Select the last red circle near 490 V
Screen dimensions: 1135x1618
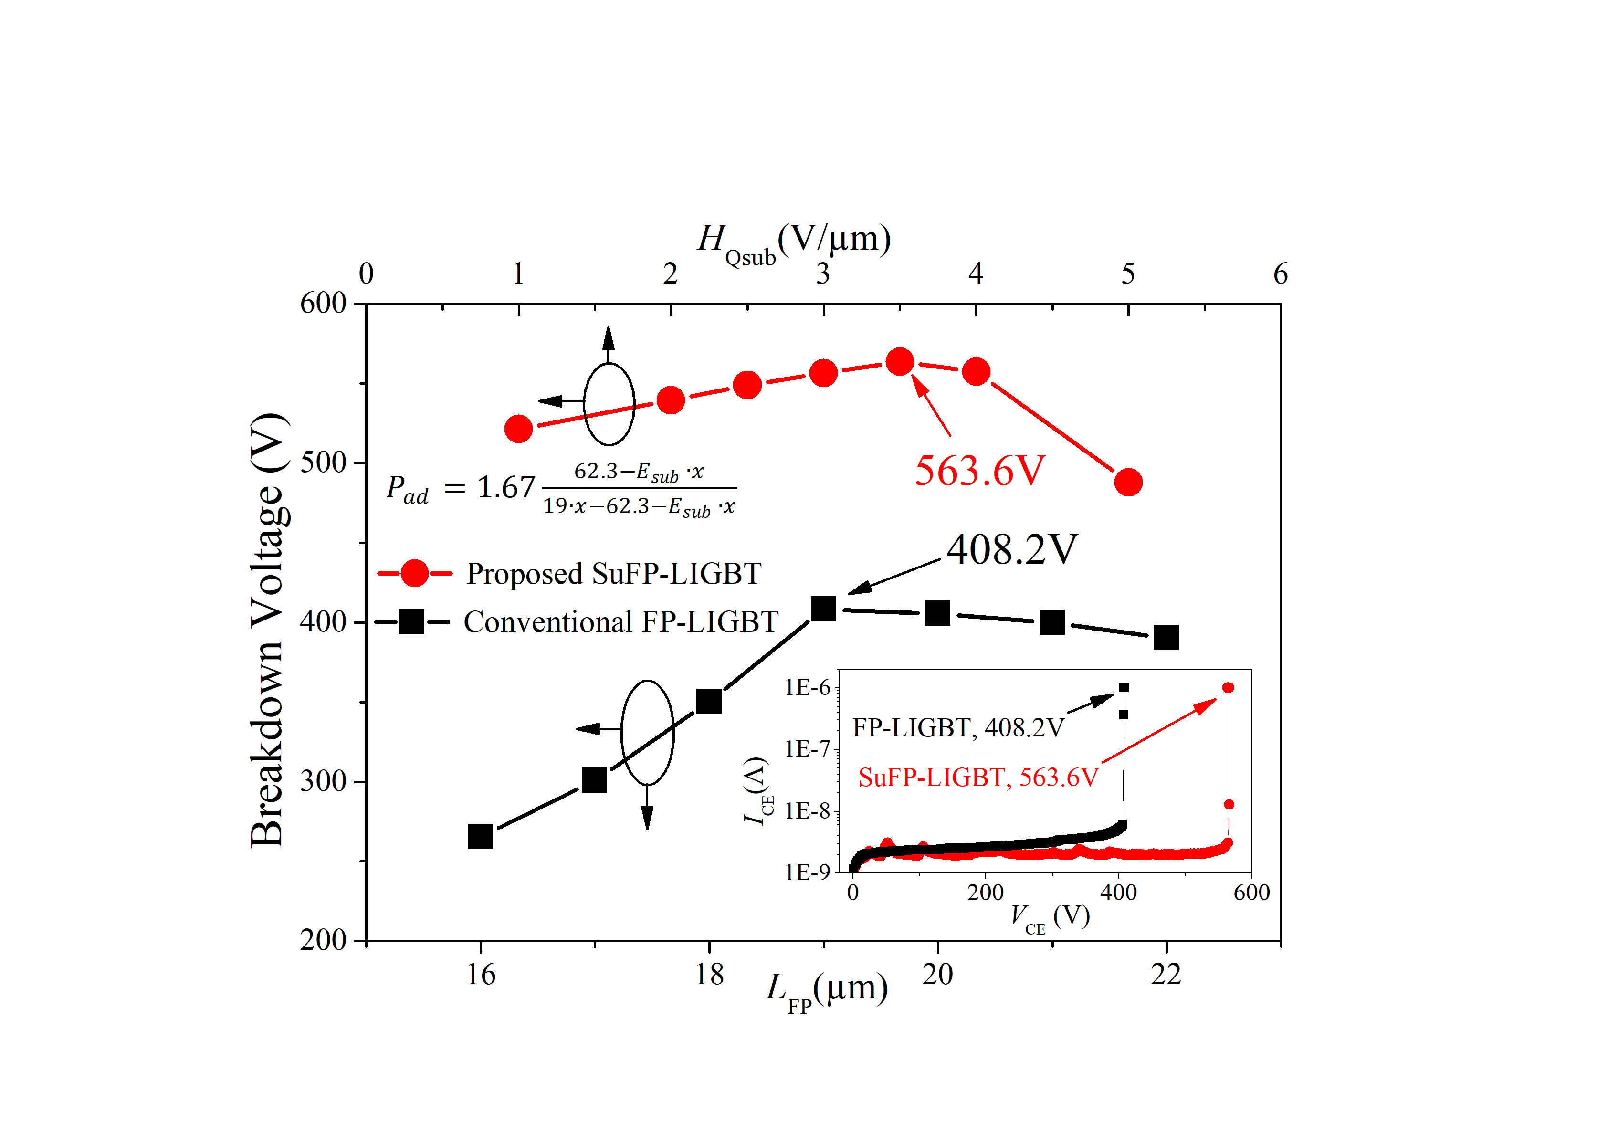point(1128,482)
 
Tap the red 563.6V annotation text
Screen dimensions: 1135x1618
point(979,471)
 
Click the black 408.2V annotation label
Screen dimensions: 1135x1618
point(1012,549)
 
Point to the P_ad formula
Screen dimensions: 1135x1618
point(561,488)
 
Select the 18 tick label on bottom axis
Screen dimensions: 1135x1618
point(709,974)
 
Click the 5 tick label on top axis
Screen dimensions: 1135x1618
point(1128,273)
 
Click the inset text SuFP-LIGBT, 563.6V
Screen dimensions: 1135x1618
point(978,777)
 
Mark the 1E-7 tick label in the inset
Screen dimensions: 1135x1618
point(809,748)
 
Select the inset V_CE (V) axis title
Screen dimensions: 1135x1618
point(1050,917)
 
